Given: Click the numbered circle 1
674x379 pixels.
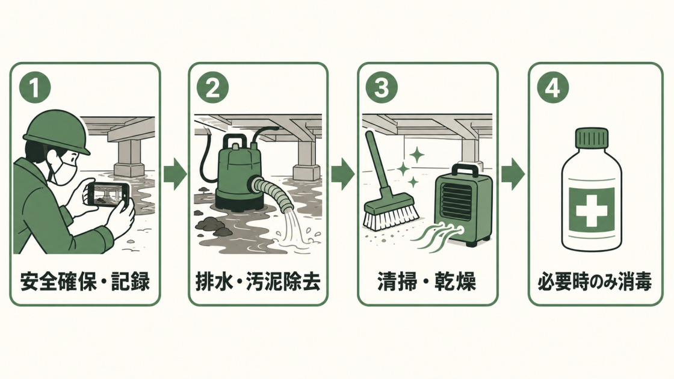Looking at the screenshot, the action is click(x=36, y=87).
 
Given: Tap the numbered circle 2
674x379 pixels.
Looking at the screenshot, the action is click(x=213, y=87).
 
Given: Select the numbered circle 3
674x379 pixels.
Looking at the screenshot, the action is click(x=382, y=87).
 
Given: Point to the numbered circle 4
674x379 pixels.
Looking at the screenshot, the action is click(x=553, y=87).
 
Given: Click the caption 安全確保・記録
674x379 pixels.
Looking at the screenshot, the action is click(x=85, y=282).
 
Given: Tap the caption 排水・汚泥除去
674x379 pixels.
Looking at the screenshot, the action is click(x=258, y=282).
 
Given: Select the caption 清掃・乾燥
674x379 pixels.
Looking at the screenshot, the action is click(x=427, y=282).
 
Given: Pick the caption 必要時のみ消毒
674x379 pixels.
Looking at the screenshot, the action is click(x=595, y=282).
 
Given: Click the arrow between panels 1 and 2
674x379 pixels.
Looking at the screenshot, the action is click(x=175, y=174).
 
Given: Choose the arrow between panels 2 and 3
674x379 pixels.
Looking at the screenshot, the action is click(x=342, y=174).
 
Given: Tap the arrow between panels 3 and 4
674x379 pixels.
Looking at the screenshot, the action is click(x=513, y=174).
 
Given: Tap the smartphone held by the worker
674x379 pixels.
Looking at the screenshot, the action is click(x=108, y=194).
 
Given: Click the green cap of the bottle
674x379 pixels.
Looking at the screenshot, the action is click(x=592, y=138).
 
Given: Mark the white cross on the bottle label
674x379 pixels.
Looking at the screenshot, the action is click(x=592, y=210).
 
